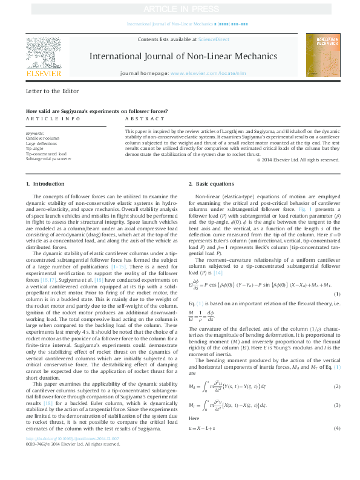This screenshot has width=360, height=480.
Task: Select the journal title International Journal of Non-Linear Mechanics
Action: point(184,56)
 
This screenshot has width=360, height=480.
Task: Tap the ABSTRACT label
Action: point(140,120)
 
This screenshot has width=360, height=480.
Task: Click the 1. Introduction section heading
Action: point(44,183)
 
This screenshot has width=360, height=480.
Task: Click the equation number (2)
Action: point(336,403)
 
